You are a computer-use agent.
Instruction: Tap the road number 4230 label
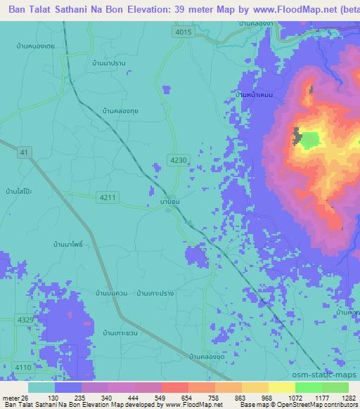[178, 160]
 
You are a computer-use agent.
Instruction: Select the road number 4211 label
[108, 197]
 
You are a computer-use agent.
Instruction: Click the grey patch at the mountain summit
[297, 135]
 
